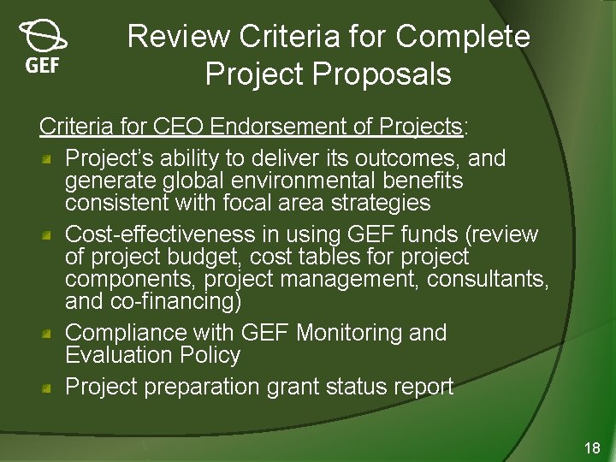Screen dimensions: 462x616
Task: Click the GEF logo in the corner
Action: click(42, 47)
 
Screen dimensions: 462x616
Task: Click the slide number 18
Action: click(592, 447)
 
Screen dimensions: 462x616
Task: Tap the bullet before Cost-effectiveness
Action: click(50, 234)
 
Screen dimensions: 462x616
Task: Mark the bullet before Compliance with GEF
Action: click(50, 333)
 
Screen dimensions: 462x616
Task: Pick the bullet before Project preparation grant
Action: click(50, 387)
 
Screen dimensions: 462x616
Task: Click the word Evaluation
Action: click(125, 355)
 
